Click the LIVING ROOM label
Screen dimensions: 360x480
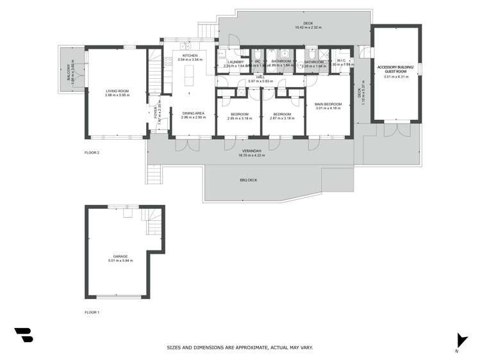[x=117, y=92]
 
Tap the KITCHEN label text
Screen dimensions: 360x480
[x=190, y=56]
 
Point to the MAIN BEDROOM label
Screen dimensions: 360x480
[x=327, y=104]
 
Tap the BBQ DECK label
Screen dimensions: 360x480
[x=249, y=181]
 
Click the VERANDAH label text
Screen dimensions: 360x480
[x=251, y=151]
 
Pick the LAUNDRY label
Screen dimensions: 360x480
[x=235, y=61]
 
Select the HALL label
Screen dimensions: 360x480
[x=260, y=78]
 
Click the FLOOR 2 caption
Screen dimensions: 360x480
[x=92, y=152]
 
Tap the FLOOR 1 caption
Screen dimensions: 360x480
[x=92, y=312]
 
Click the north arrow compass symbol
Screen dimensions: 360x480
[x=458, y=340]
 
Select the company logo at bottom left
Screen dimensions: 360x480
[x=24, y=334]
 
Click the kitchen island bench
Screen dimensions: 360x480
[x=190, y=77]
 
